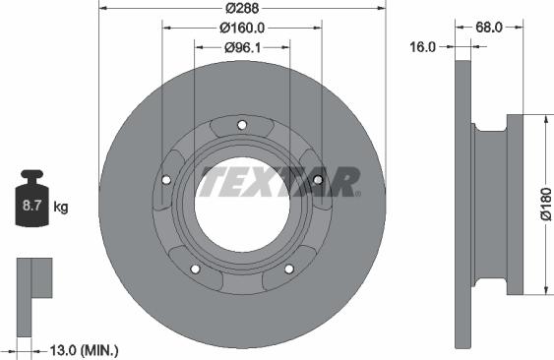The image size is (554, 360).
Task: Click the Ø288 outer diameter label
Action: (242, 8)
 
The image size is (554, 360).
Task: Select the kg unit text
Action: (61, 208)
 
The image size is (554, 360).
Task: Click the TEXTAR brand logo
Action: (279, 182)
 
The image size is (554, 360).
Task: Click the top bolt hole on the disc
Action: (242, 123)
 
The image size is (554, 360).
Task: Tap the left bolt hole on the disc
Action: (165, 179)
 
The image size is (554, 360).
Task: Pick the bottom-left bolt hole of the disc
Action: (195, 269)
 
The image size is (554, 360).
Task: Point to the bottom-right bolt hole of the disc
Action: (289, 269)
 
